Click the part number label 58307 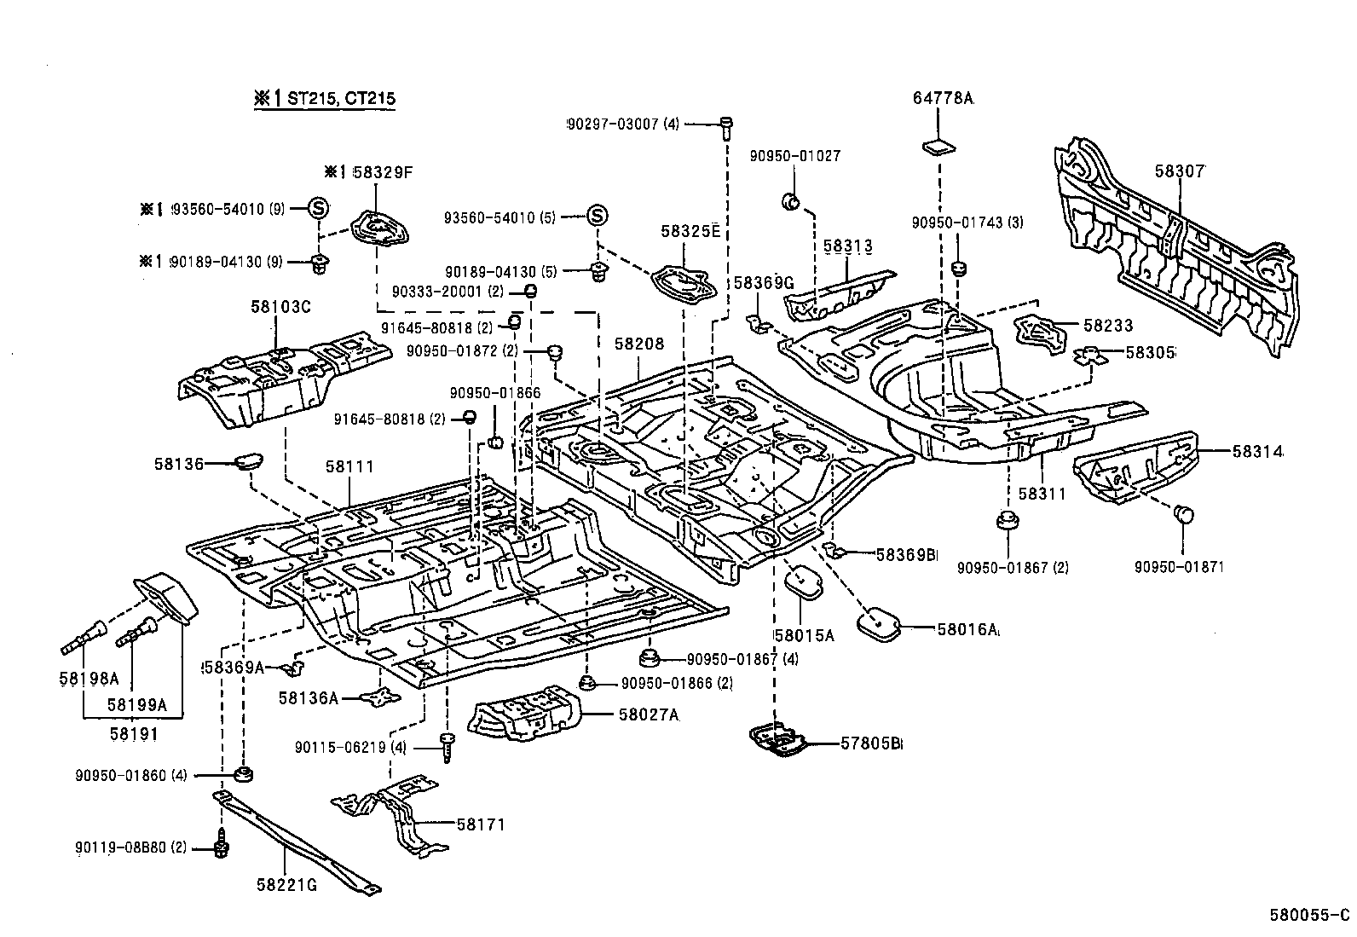pos(1180,171)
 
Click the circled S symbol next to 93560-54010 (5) pos(597,216)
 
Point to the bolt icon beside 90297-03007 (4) pos(725,126)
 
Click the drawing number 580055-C pos(1308,915)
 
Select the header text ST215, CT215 pos(340,99)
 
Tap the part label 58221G pos(286,884)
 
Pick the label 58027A pos(647,714)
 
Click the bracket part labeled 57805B pos(778,740)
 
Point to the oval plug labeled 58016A pos(877,623)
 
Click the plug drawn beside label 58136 pos(249,461)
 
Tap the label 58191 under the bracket pos(134,733)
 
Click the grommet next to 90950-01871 pos(1184,514)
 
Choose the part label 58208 pos(638,344)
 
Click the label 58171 pos(481,824)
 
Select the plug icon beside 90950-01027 pos(791,202)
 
